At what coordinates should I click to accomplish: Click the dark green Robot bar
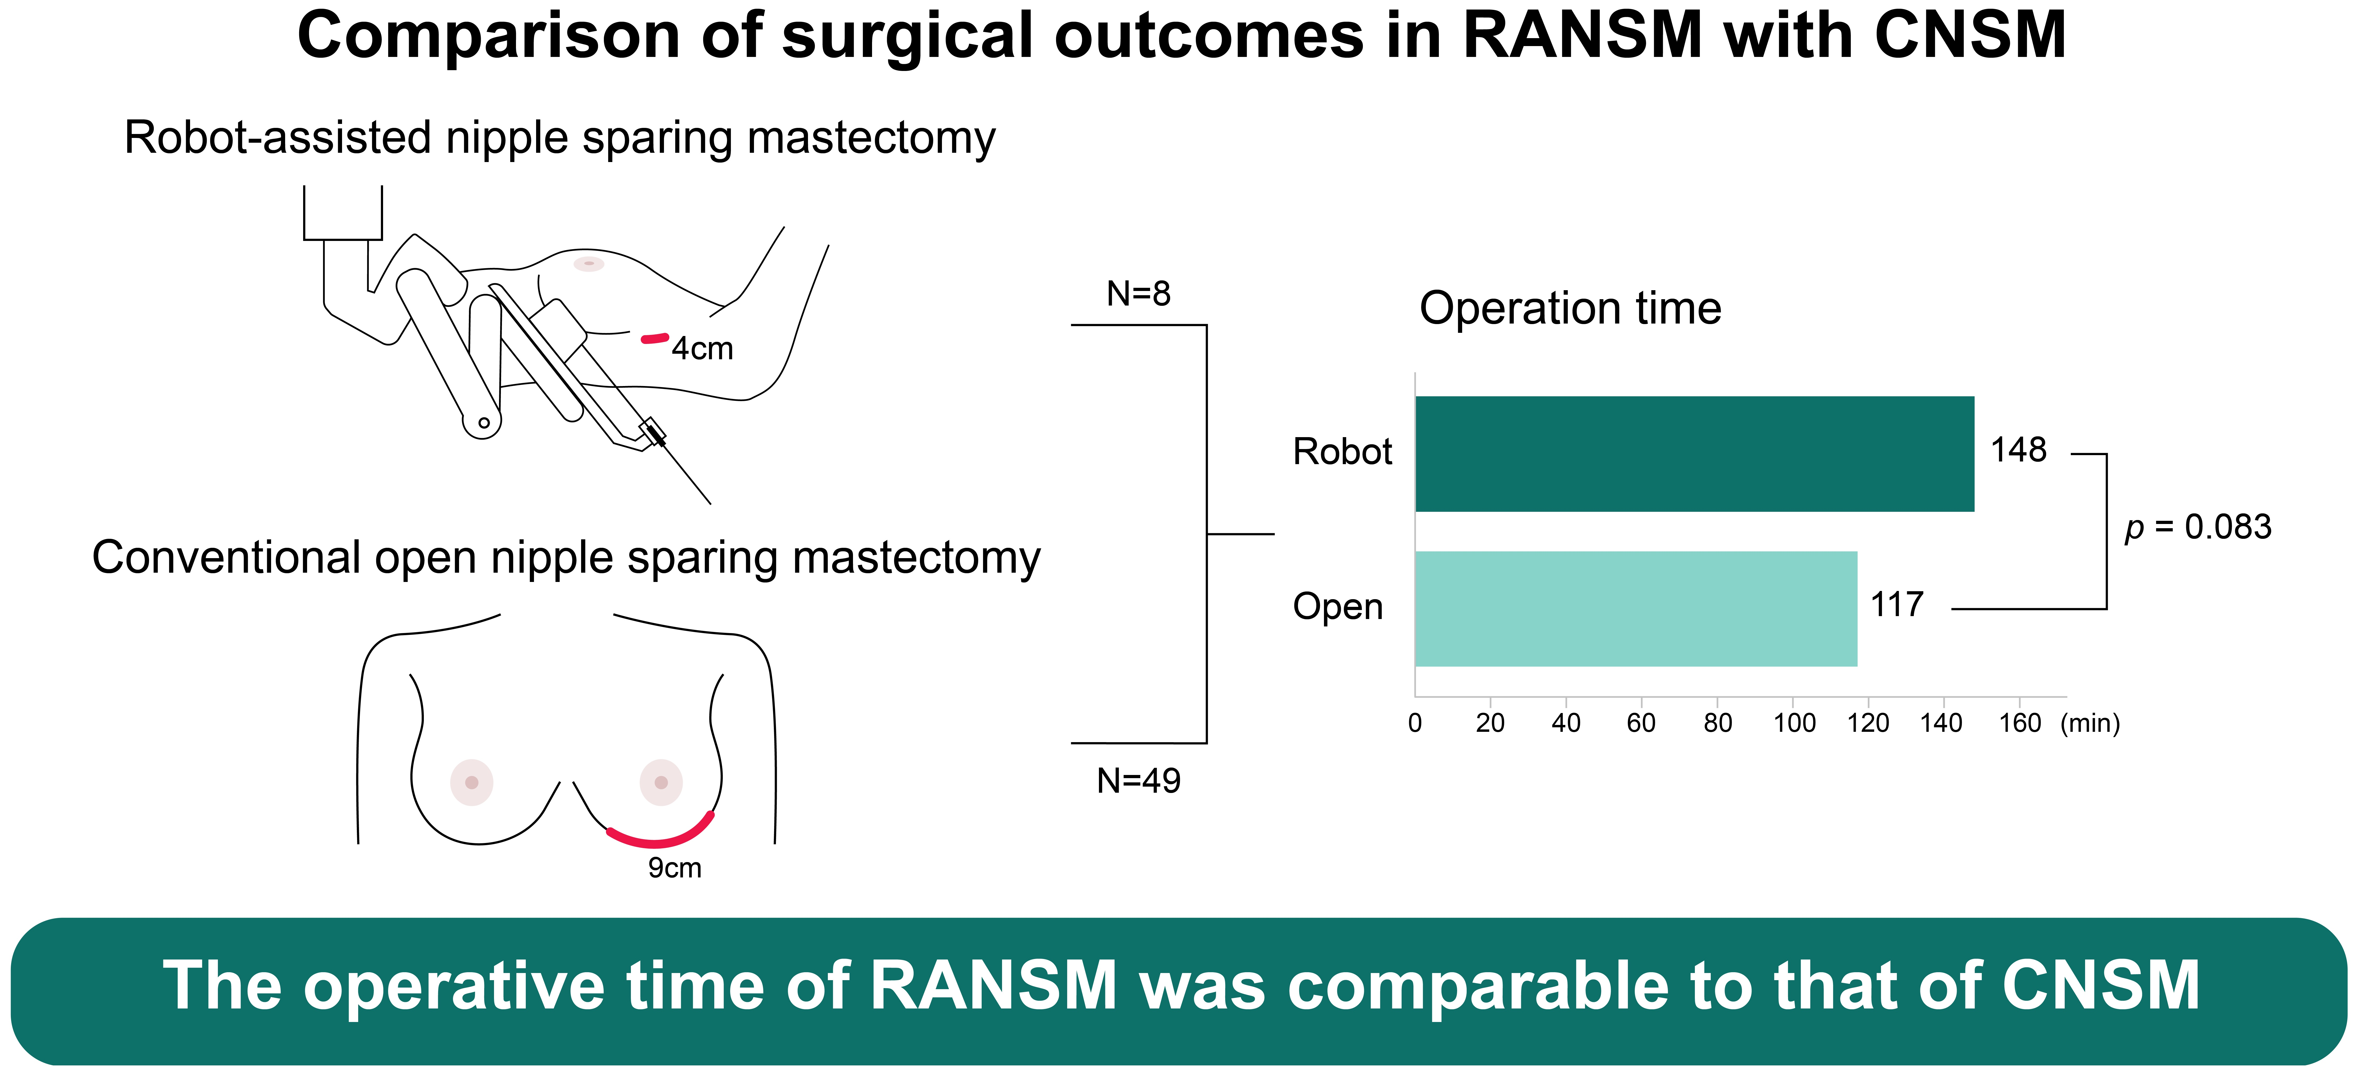point(1694,454)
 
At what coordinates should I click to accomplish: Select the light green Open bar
point(1636,609)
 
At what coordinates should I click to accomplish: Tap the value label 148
point(2019,450)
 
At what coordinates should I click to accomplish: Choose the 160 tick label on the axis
point(2020,723)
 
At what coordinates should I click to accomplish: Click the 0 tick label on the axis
point(1415,723)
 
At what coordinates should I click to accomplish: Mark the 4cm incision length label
point(702,349)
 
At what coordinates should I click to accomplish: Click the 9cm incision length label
point(675,868)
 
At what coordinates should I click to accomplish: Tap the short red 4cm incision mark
point(655,339)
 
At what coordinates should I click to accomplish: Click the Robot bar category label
point(1342,452)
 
